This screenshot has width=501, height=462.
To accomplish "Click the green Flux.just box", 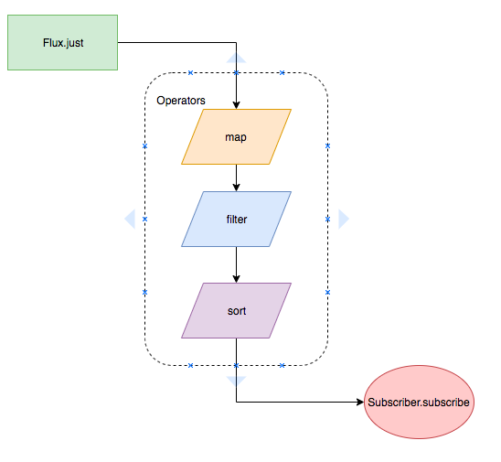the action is tap(62, 42).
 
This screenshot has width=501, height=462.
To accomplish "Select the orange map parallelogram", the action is tap(236, 137).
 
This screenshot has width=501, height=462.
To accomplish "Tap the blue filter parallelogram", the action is tap(236, 219).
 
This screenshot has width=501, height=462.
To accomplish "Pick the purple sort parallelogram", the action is tap(236, 310).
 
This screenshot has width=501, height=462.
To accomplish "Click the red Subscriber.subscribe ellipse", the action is tap(419, 402).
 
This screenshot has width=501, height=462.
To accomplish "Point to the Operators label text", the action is tap(181, 101).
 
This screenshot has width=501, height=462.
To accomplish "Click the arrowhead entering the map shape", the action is tap(236, 105).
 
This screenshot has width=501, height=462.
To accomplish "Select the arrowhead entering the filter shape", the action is tap(236, 188).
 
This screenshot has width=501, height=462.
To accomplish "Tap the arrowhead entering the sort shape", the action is tap(236, 279).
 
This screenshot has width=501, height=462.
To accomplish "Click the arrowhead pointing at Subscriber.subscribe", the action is tap(360, 402).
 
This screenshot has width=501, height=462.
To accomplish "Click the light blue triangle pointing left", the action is tap(130, 219).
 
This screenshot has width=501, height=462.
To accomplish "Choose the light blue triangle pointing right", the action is tap(344, 219).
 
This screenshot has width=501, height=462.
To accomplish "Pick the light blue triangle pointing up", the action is tap(236, 58).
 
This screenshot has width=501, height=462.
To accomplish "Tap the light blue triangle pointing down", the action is tap(236, 381).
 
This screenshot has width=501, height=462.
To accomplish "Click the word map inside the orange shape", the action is tap(236, 137).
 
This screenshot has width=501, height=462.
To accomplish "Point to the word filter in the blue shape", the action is tap(237, 220).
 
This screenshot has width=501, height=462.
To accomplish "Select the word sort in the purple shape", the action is tap(237, 311).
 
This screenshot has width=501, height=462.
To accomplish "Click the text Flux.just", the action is tap(63, 43).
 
